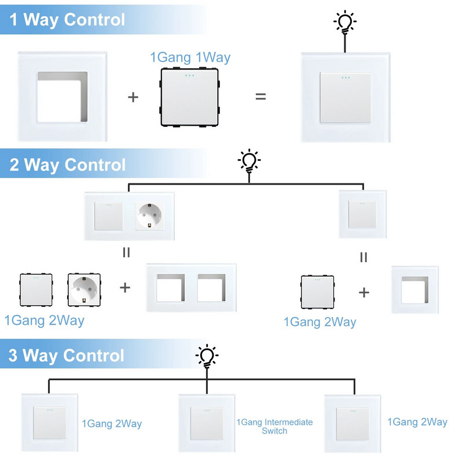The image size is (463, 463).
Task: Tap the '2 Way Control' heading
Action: [68, 165]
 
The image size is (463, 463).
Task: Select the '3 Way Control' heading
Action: [67, 355]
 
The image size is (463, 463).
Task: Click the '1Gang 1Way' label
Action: [190, 57]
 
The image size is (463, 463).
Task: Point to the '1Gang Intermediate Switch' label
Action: [274, 427]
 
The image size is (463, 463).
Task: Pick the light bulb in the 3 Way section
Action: [207, 354]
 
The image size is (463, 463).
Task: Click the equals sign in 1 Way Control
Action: [261, 97]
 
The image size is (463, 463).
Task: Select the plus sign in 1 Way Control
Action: [133, 97]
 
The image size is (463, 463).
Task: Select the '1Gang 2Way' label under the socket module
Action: [44, 320]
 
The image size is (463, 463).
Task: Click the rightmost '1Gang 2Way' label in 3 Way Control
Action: [417, 422]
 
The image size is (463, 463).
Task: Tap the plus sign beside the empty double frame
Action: [125, 288]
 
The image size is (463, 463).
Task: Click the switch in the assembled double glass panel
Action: [108, 216]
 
